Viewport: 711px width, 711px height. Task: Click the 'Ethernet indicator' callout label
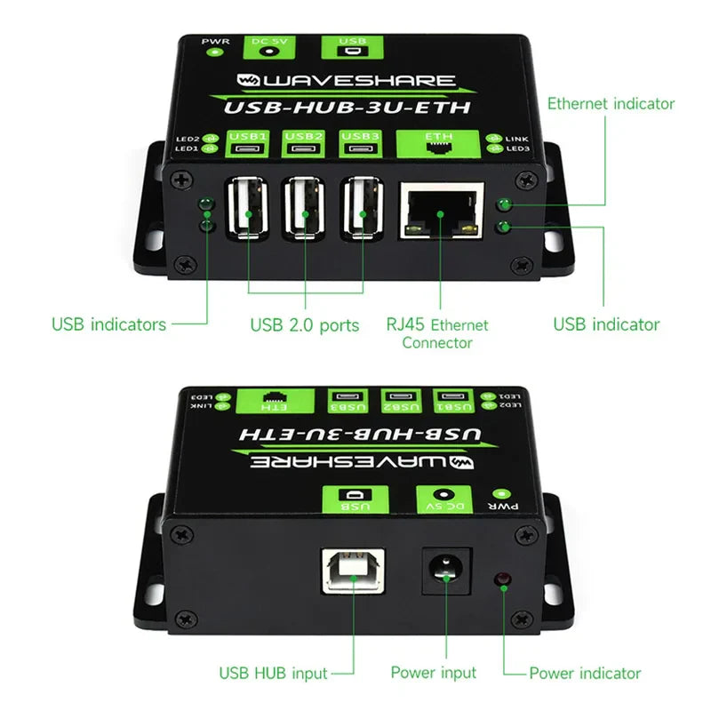point(611,104)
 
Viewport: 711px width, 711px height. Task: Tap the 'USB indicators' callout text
point(108,324)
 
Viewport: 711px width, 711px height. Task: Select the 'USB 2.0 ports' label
point(305,325)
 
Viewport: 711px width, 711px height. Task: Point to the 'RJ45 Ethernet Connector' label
point(436,333)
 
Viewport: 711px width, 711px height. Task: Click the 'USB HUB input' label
point(273,673)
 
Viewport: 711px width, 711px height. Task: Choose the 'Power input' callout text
point(434,673)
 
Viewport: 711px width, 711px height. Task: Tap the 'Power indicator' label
point(585,673)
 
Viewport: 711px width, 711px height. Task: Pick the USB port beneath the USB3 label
point(362,209)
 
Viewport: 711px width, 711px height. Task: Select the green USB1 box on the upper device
point(248,142)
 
